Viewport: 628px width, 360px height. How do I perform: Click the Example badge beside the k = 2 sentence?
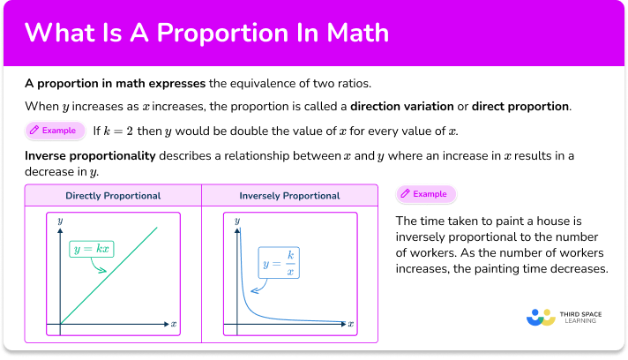(54, 131)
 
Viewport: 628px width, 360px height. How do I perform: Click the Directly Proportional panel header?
(113, 195)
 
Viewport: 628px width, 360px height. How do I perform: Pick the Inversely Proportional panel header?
(289, 195)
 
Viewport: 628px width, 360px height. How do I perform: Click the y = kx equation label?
(93, 250)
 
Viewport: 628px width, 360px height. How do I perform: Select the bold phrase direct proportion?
(520, 107)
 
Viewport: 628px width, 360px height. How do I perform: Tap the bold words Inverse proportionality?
(91, 155)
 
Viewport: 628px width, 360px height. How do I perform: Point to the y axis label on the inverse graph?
(236, 221)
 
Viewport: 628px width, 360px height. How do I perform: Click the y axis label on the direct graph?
(60, 221)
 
